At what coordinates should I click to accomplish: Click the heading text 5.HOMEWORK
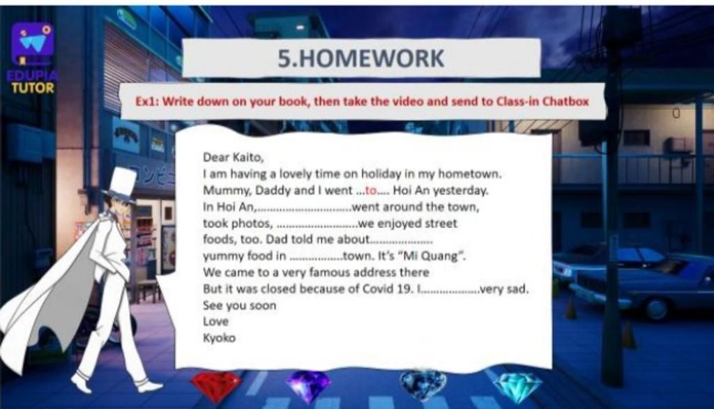pos(360,59)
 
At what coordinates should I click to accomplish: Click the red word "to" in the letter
pos(371,191)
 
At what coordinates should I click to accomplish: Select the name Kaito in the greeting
pos(248,157)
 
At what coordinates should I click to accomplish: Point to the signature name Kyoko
pos(219,338)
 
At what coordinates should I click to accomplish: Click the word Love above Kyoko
pos(215,321)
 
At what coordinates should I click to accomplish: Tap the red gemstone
pos(216,386)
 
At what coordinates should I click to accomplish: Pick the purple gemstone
pos(309,386)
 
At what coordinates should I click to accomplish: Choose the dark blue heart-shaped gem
pos(423,385)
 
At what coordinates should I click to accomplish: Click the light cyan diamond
pos(518,387)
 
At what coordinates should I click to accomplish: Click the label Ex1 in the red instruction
pos(146,101)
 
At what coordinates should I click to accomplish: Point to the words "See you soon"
pos(240,305)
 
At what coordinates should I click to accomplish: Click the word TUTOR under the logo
pos(33,87)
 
